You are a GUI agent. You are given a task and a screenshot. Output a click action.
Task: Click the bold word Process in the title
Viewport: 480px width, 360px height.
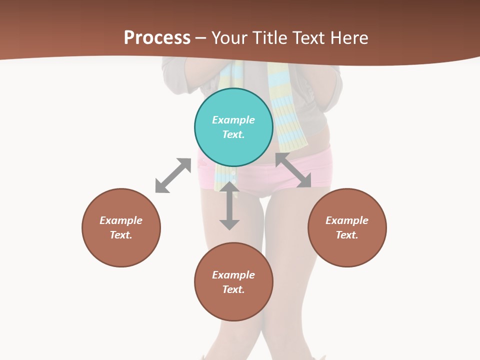[x=157, y=38]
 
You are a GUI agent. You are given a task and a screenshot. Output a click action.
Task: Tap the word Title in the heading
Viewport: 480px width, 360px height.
[x=270, y=38]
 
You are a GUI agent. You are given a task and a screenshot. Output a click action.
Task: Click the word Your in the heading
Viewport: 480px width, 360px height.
[x=231, y=38]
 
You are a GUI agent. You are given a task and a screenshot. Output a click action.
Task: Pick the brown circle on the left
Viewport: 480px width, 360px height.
[x=121, y=250]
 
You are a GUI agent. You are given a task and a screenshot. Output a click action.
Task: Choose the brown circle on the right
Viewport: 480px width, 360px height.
[x=347, y=250]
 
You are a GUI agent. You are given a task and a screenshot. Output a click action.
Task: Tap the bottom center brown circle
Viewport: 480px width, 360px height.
[x=233, y=305]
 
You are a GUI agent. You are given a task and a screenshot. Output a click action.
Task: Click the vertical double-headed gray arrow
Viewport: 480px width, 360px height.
[x=229, y=206]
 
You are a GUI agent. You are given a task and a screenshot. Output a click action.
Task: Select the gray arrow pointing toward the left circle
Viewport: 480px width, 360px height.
[x=173, y=175]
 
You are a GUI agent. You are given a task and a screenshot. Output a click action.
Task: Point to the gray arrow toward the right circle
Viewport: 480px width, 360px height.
[x=293, y=170]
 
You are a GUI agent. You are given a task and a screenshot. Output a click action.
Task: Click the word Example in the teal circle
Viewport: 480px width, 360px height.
[x=233, y=120]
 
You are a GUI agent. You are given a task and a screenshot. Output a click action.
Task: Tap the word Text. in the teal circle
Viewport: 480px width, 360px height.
[x=233, y=134]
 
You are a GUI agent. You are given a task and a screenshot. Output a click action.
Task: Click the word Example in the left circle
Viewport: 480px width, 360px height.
[x=121, y=220]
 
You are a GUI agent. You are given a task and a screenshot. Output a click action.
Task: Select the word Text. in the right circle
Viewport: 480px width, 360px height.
[x=347, y=235]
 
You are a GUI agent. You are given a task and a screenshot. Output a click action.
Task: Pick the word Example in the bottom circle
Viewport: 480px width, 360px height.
[x=233, y=275]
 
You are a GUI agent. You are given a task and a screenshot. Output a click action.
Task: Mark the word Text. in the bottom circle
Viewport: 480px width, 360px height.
[x=233, y=289]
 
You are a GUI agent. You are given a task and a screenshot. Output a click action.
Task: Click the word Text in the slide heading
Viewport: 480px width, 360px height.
[x=309, y=38]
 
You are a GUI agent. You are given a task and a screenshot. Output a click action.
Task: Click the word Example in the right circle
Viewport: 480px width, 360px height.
[x=347, y=220]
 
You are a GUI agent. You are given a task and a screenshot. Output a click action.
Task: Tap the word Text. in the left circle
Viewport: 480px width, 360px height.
[x=121, y=235]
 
